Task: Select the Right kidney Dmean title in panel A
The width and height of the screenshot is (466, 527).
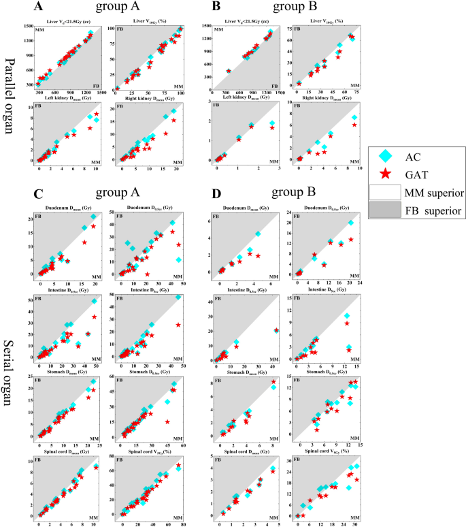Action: (149, 99)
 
